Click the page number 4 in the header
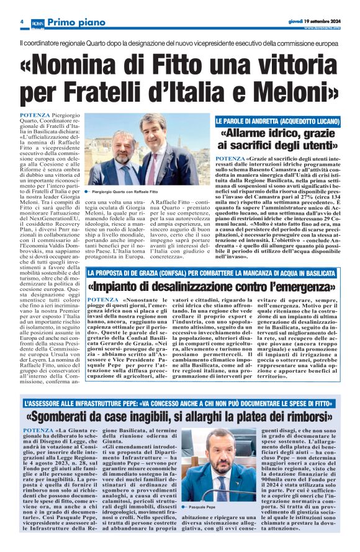point(22,21)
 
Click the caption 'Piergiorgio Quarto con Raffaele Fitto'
point(125,195)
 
